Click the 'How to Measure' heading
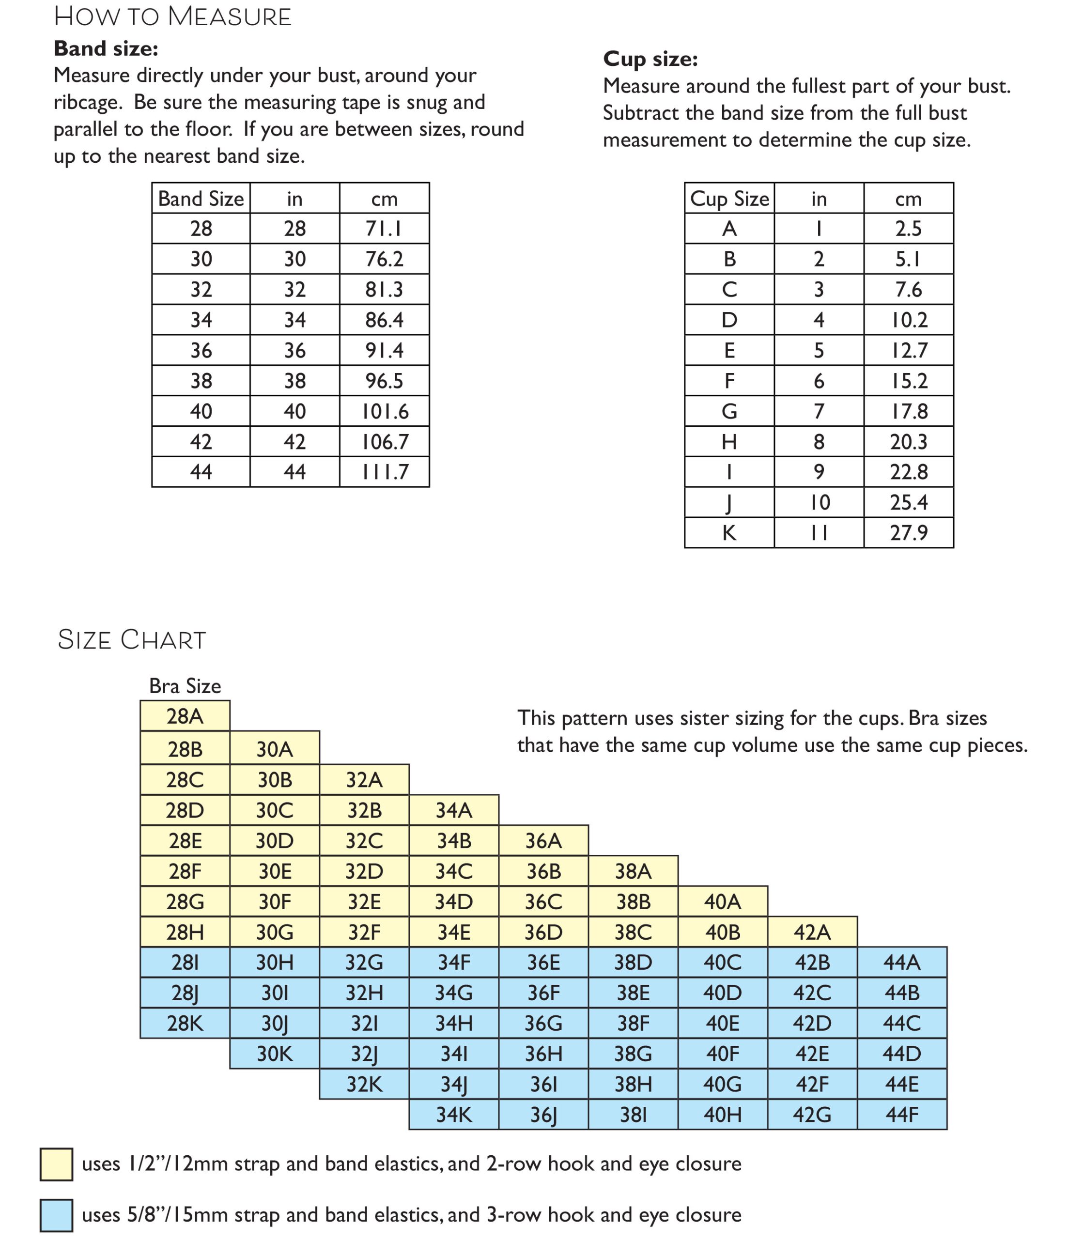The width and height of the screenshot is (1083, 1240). [173, 16]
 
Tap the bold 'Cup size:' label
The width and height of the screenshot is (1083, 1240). [650, 59]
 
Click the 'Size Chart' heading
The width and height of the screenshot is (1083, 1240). [132, 639]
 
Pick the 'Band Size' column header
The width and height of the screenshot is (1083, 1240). [201, 199]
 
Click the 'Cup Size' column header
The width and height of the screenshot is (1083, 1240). [729, 199]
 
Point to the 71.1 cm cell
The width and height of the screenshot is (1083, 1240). [385, 229]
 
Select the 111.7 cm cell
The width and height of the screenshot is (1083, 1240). [385, 471]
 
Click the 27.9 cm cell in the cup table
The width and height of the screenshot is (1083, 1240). [908, 532]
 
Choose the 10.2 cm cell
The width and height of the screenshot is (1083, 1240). [908, 320]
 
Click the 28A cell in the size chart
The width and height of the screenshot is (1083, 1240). [185, 716]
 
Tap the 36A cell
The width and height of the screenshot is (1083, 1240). [543, 840]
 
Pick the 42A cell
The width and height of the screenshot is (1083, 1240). [812, 932]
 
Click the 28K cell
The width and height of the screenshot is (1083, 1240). [185, 1023]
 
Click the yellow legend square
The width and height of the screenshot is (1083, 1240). [56, 1164]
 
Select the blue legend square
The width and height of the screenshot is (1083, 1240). [56, 1215]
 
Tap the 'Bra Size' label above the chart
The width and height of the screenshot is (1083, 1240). [185, 686]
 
